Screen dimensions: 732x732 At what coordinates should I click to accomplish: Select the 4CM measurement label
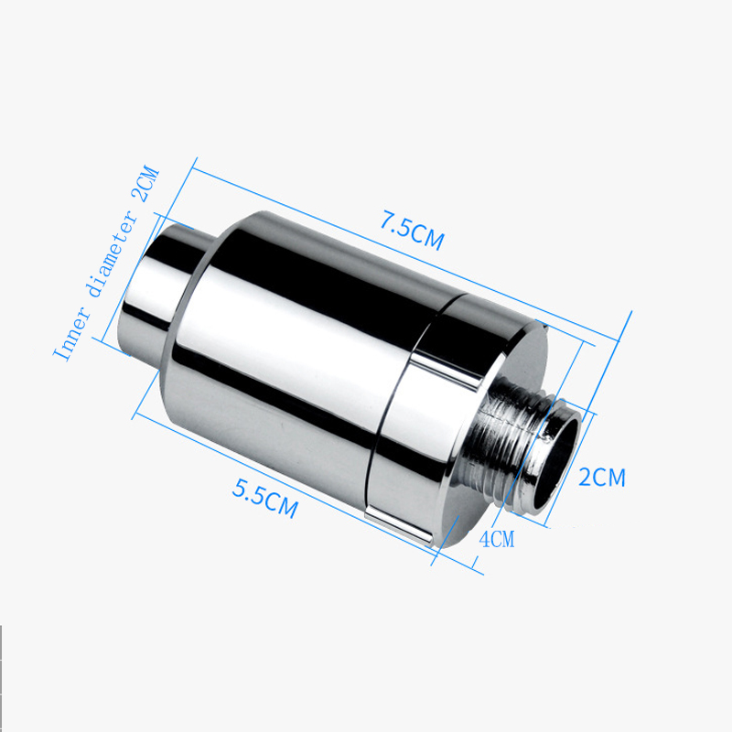click(497, 539)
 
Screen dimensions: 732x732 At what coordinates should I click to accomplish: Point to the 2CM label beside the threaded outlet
click(603, 476)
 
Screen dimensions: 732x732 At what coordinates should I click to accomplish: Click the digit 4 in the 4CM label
click(485, 538)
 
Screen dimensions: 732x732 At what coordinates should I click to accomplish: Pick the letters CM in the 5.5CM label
click(281, 505)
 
